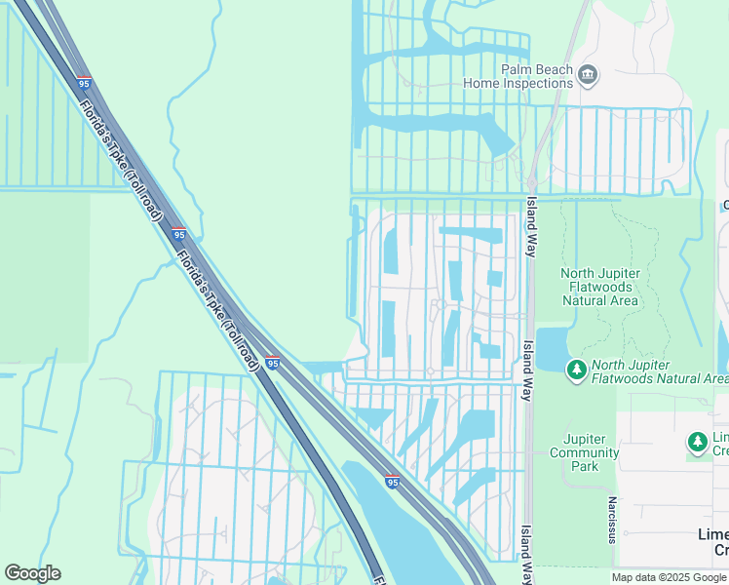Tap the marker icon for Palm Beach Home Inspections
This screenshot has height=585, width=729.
[x=588, y=74]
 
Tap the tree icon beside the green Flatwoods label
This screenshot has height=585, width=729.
[x=577, y=370]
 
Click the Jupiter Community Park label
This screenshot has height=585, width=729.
[x=584, y=452]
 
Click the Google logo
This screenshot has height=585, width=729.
[x=32, y=573]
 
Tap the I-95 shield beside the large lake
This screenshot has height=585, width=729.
[x=392, y=481]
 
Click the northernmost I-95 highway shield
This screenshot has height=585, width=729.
[x=85, y=83]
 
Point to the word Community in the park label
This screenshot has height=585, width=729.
[x=584, y=452]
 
